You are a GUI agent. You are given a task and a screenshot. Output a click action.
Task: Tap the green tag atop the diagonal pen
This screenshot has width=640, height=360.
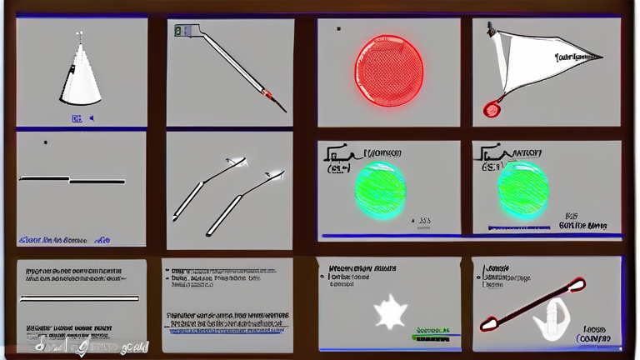[x=179, y=31]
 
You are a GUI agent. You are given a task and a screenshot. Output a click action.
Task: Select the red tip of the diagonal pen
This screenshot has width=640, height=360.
[x=267, y=92]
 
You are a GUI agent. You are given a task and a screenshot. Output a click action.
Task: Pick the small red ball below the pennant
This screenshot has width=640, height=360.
[x=492, y=108]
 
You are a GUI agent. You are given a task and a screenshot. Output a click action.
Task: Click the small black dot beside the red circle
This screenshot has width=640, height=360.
[x=338, y=28]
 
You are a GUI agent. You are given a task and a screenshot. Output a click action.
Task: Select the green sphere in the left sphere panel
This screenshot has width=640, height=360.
[x=380, y=189]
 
